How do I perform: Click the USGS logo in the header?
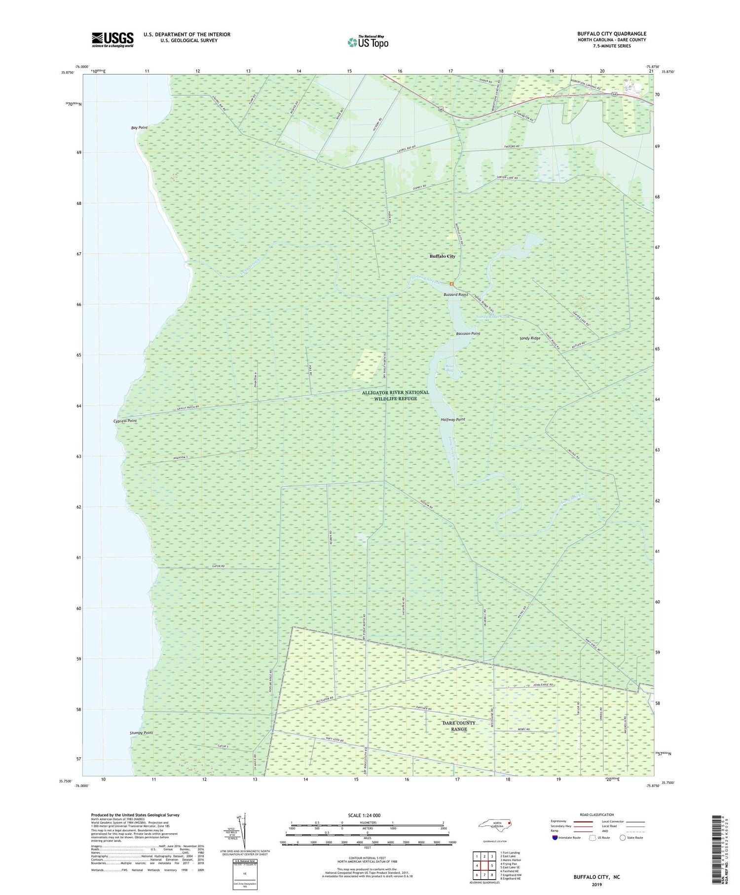coord(112,39)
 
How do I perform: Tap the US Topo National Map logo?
coord(368,42)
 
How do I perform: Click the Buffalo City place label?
coord(442,256)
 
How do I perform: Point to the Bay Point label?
coord(139,128)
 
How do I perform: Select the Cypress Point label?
coord(125,421)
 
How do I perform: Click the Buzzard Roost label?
coord(455,294)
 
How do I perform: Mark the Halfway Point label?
coord(452,420)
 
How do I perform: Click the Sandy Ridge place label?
coord(530,339)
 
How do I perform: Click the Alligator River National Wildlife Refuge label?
coord(395,395)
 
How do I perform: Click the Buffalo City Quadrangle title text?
coord(611,34)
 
